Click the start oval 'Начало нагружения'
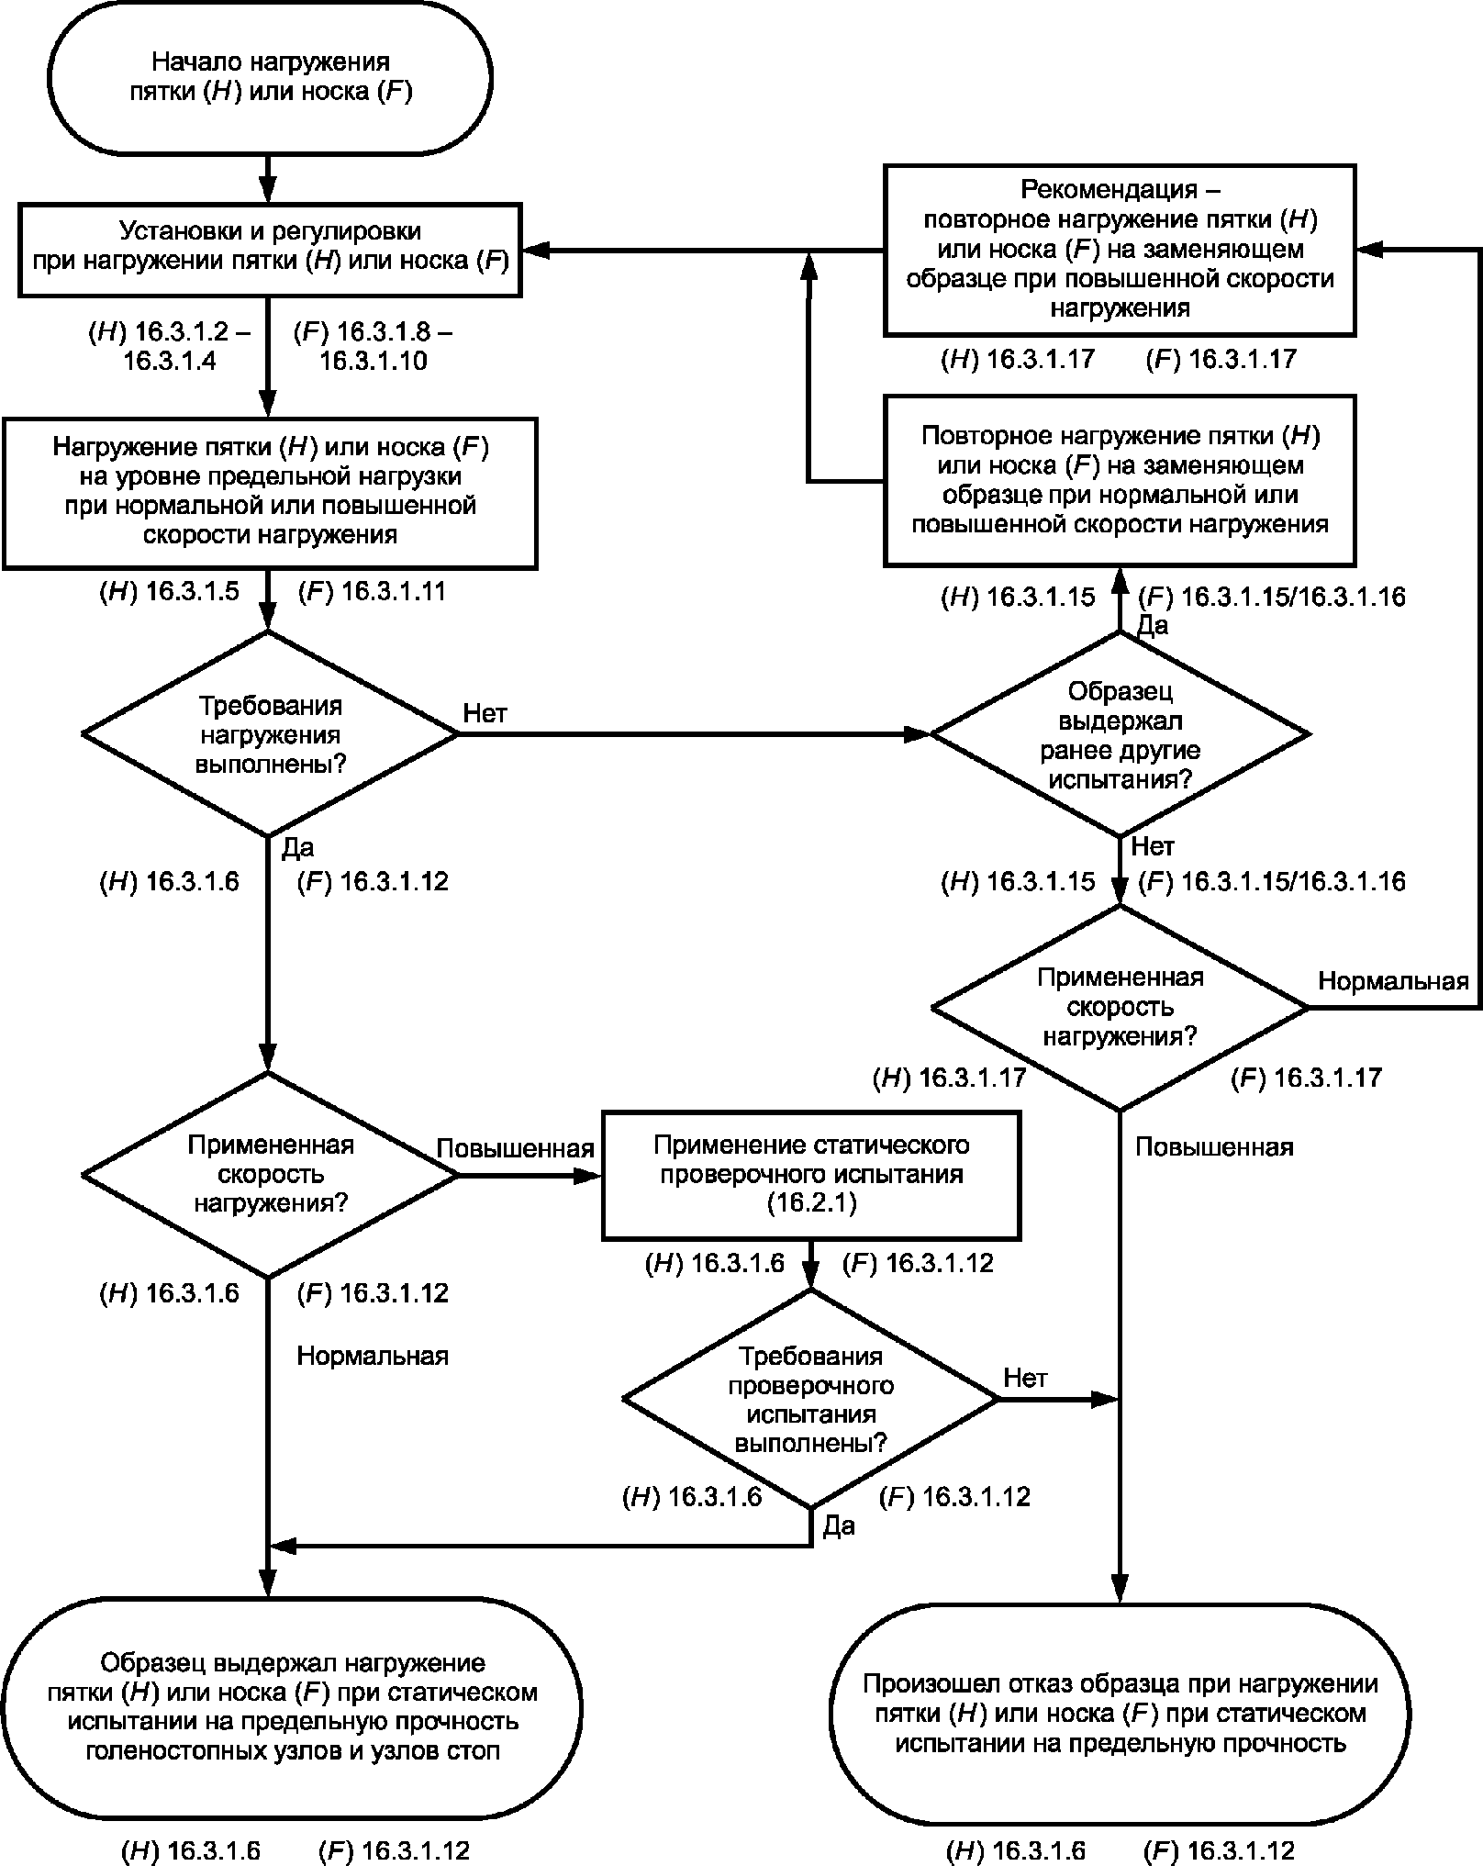pyautogui.click(x=270, y=77)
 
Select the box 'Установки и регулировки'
pyautogui.click(x=270, y=249)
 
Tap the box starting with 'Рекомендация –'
pyautogui.click(x=1120, y=250)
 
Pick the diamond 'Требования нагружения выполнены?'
pyautogui.click(x=270, y=734)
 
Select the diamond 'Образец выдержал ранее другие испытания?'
pyautogui.click(x=1120, y=734)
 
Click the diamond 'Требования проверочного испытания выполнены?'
pyautogui.click(x=811, y=1399)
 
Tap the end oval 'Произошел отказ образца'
pyautogui.click(x=1120, y=1714)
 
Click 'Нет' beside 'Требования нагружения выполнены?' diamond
pyautogui.click(x=485, y=713)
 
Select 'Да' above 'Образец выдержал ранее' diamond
pyautogui.click(x=1153, y=626)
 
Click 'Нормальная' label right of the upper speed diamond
pyautogui.click(x=1393, y=981)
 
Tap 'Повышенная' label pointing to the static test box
pyautogui.click(x=515, y=1149)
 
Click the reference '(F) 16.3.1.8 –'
pyautogui.click(x=373, y=332)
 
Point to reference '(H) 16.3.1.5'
pyautogui.click(x=169, y=591)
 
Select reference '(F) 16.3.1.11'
pyautogui.click(x=372, y=591)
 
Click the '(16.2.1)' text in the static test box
pyautogui.click(x=811, y=1203)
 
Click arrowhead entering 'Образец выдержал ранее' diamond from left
pyautogui.click(x=918, y=734)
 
